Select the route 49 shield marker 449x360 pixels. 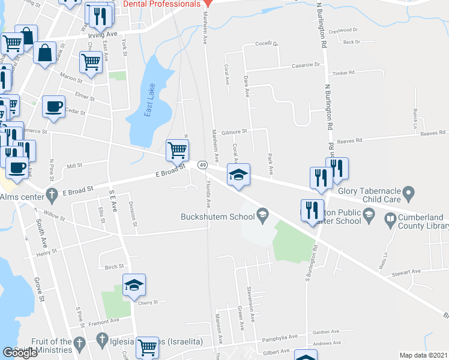pos(202,164)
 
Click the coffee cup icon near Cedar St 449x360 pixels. pos(53,106)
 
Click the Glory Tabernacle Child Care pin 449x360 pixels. pos(409,194)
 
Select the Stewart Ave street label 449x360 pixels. pos(408,272)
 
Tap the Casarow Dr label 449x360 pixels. pos(307,65)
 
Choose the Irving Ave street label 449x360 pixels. pos(103,35)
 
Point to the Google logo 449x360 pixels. pos(20,352)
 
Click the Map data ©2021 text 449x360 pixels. pos(423,355)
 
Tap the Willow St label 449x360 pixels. pos(53,214)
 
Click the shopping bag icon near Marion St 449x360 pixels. pos(45,53)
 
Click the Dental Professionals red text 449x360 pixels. pos(161,4)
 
